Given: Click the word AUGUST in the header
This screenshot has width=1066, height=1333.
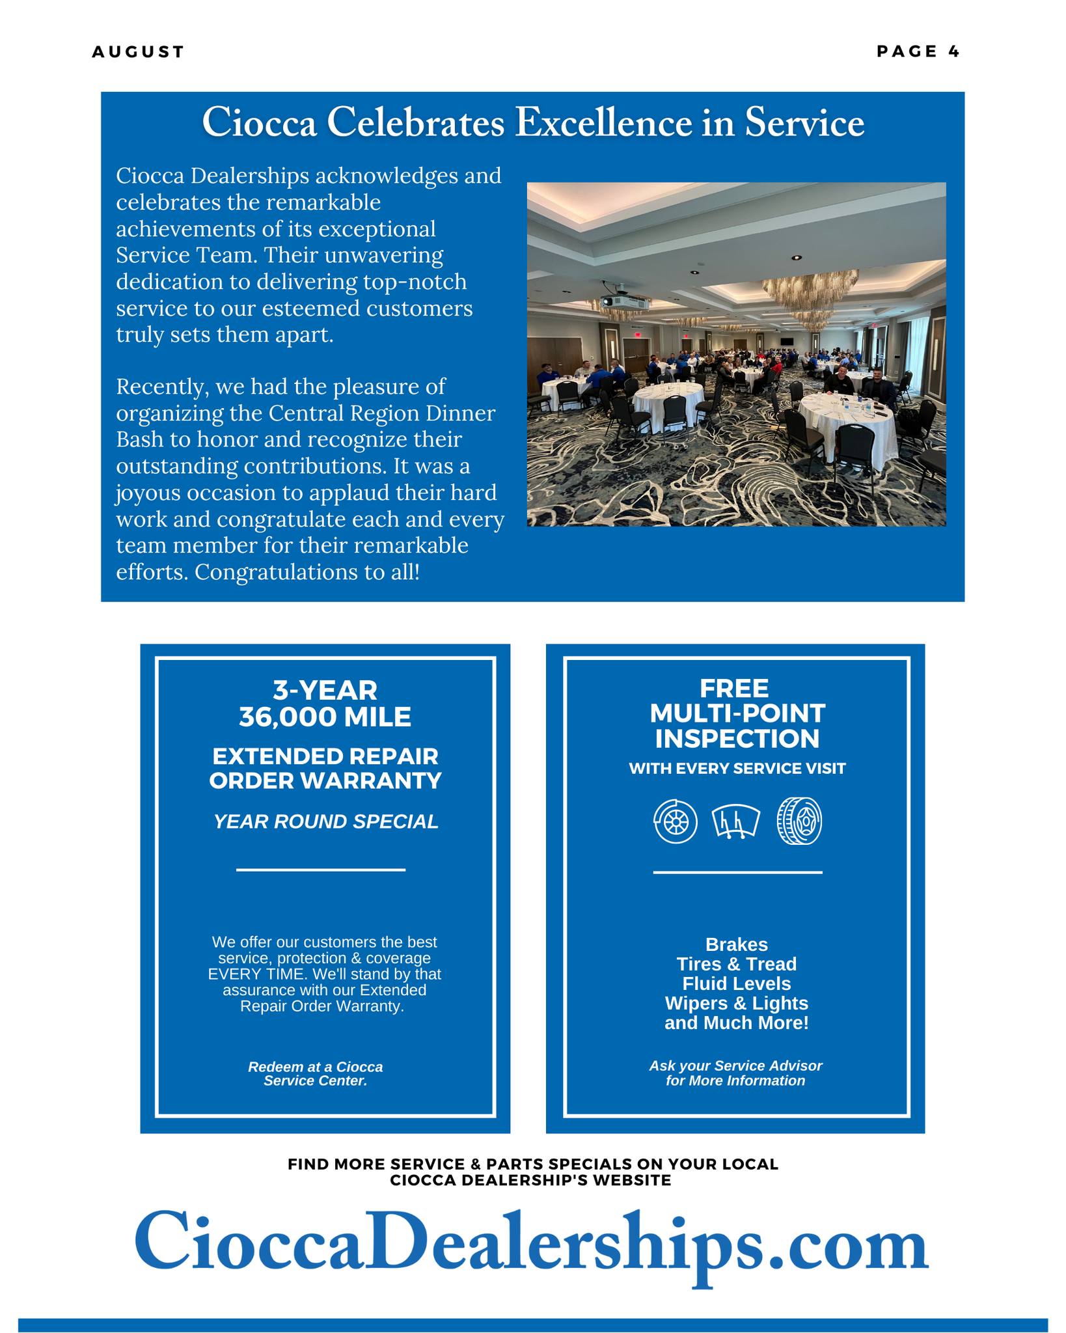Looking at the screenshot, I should (138, 52).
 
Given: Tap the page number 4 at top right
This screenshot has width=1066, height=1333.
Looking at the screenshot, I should (953, 51).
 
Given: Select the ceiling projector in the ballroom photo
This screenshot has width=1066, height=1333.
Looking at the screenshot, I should (623, 301).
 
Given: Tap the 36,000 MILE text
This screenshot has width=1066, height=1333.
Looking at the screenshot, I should (325, 717).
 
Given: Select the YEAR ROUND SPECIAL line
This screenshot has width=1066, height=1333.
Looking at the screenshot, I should (326, 821).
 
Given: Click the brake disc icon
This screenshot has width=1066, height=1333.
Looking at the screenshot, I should (675, 821).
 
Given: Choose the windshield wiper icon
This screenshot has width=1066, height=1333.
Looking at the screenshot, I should (736, 821).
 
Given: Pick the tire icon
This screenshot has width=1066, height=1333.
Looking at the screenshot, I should (799, 821).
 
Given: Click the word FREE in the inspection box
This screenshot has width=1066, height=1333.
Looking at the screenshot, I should (734, 688).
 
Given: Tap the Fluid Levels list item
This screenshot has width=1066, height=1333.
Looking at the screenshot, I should (736, 983).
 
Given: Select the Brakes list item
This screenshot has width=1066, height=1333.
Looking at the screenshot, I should (736, 944).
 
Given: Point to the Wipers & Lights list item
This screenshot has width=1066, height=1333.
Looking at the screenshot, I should (736, 1003).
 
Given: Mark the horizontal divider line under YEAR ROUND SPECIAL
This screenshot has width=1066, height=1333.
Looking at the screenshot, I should (320, 870).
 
